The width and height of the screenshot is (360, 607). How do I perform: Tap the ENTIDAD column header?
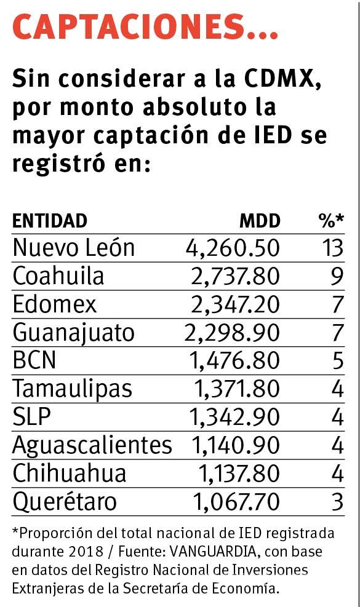pos(50,220)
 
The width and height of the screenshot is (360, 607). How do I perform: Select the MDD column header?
pos(259,220)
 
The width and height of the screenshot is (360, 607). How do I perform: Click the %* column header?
pos(330,220)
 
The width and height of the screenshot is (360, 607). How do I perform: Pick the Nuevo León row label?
pos(74,248)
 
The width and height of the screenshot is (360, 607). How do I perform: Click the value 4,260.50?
pos(233,248)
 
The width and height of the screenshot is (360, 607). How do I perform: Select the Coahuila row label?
pos(58,276)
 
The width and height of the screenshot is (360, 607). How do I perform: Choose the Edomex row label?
pos(55,304)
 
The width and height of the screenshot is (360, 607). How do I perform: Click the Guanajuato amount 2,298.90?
pos(232,333)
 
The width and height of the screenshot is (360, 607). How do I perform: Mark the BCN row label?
pos(34,361)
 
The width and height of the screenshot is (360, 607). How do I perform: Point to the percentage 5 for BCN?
pos(337,361)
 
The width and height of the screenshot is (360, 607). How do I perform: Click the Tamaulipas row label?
pos(73,389)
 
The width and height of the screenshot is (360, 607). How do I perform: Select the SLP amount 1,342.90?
pos(235,418)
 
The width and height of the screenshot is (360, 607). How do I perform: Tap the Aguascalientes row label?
pos(92,445)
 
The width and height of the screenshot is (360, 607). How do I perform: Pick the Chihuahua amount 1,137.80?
pos(238,474)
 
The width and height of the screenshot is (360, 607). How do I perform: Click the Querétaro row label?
pos(65,502)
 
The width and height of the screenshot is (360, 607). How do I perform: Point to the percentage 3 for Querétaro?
pos(337,502)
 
